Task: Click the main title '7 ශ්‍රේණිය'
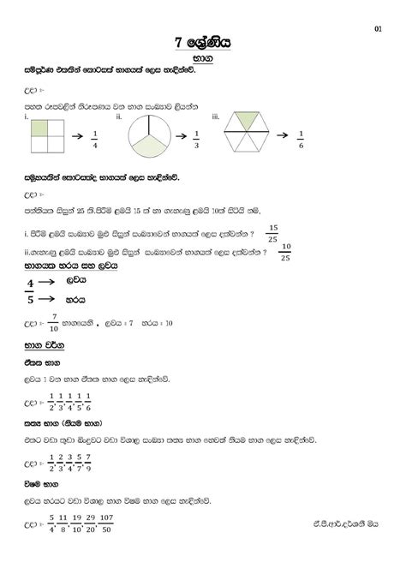pos(204,41)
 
